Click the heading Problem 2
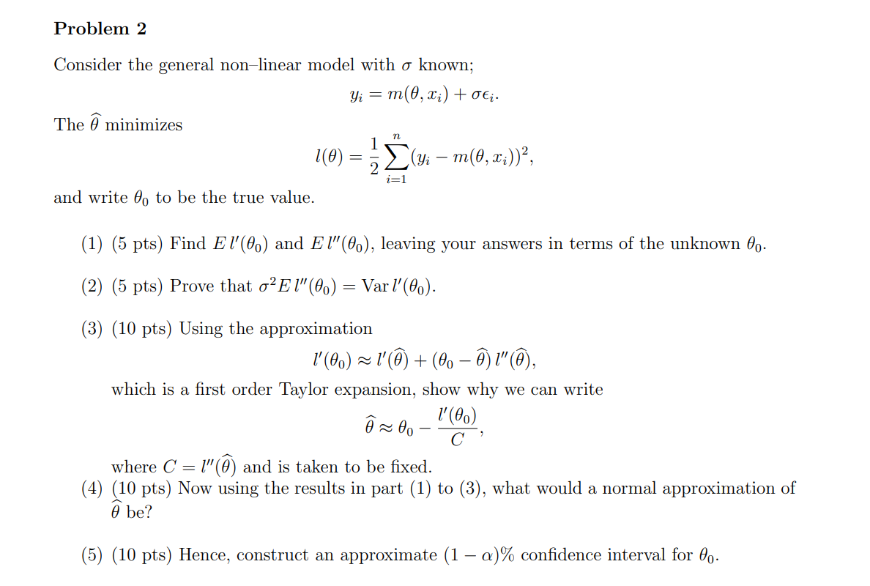[x=100, y=29]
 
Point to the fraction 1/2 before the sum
[x=375, y=156]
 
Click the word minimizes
[x=144, y=125]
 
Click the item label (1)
[x=92, y=244]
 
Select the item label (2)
[x=92, y=286]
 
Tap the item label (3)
[x=92, y=329]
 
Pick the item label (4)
[x=92, y=489]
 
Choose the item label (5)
[x=92, y=555]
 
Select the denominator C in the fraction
[x=457, y=440]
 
